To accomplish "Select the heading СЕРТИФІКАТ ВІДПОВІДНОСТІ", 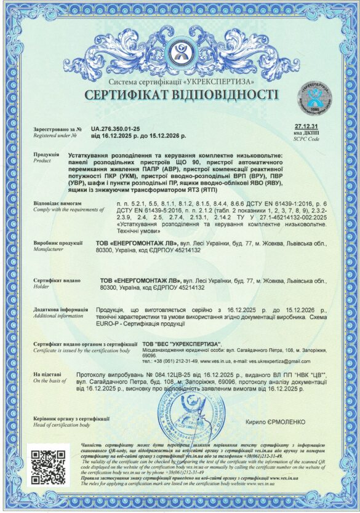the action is [x=181, y=95].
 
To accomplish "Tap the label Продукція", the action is [x=46, y=154].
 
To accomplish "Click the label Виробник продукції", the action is [x=58, y=244].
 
